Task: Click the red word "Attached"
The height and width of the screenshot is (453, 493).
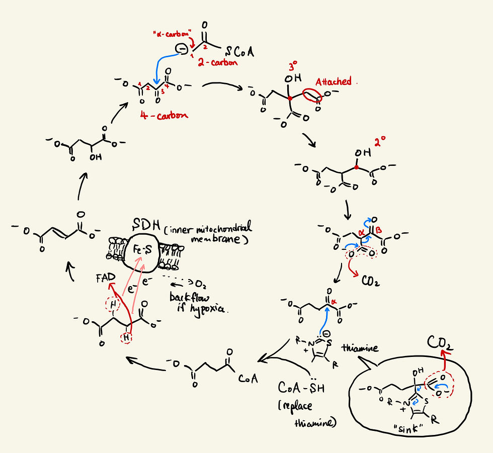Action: pos(333,82)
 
